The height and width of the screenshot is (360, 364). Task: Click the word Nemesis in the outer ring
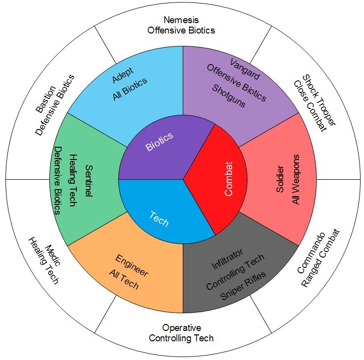(181, 20)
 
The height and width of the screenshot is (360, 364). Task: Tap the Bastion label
(46, 99)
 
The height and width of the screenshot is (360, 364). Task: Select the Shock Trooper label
(319, 100)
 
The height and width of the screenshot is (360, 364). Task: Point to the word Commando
(311, 253)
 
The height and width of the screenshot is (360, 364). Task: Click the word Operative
(182, 328)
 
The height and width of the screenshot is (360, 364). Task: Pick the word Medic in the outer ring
(53, 255)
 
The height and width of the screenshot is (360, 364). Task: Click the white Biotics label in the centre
(159, 141)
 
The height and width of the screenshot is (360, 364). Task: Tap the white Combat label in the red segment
(229, 179)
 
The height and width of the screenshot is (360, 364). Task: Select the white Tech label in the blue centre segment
(159, 219)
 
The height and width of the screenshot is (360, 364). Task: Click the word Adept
(123, 75)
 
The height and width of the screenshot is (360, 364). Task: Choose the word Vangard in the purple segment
(245, 69)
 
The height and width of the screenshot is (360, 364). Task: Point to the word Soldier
(280, 179)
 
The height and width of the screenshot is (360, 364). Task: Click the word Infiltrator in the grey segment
(228, 259)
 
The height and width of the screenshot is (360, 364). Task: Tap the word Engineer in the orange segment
(132, 265)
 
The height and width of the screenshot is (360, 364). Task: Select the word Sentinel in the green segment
(89, 181)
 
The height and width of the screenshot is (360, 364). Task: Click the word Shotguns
(229, 96)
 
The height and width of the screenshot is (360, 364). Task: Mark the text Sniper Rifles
(243, 286)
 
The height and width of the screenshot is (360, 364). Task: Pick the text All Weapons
(296, 179)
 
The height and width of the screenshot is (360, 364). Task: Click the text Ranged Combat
(321, 258)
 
